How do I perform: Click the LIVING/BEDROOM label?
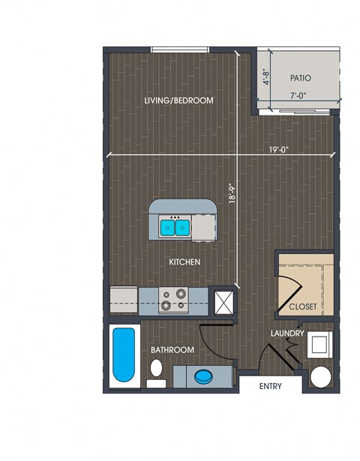[x=178, y=100]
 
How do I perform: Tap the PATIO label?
[x=300, y=78]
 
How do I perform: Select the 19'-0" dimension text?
[x=279, y=150]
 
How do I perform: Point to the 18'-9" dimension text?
[x=232, y=193]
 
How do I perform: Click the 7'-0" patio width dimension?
[x=298, y=95]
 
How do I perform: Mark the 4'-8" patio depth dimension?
[x=266, y=76]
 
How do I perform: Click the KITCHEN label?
[x=184, y=262]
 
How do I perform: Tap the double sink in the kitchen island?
[x=175, y=227]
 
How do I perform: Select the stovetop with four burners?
[x=173, y=300]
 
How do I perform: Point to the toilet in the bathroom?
[x=156, y=373]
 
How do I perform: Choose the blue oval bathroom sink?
[x=203, y=376]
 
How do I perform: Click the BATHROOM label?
[x=172, y=350]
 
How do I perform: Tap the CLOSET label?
[x=303, y=307]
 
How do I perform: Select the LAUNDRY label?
[x=287, y=334]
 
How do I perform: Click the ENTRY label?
[x=271, y=386]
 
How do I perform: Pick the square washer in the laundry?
[x=319, y=345]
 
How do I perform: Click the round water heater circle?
[x=320, y=377]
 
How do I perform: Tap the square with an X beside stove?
[x=223, y=302]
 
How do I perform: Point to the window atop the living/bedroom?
[x=180, y=50]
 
